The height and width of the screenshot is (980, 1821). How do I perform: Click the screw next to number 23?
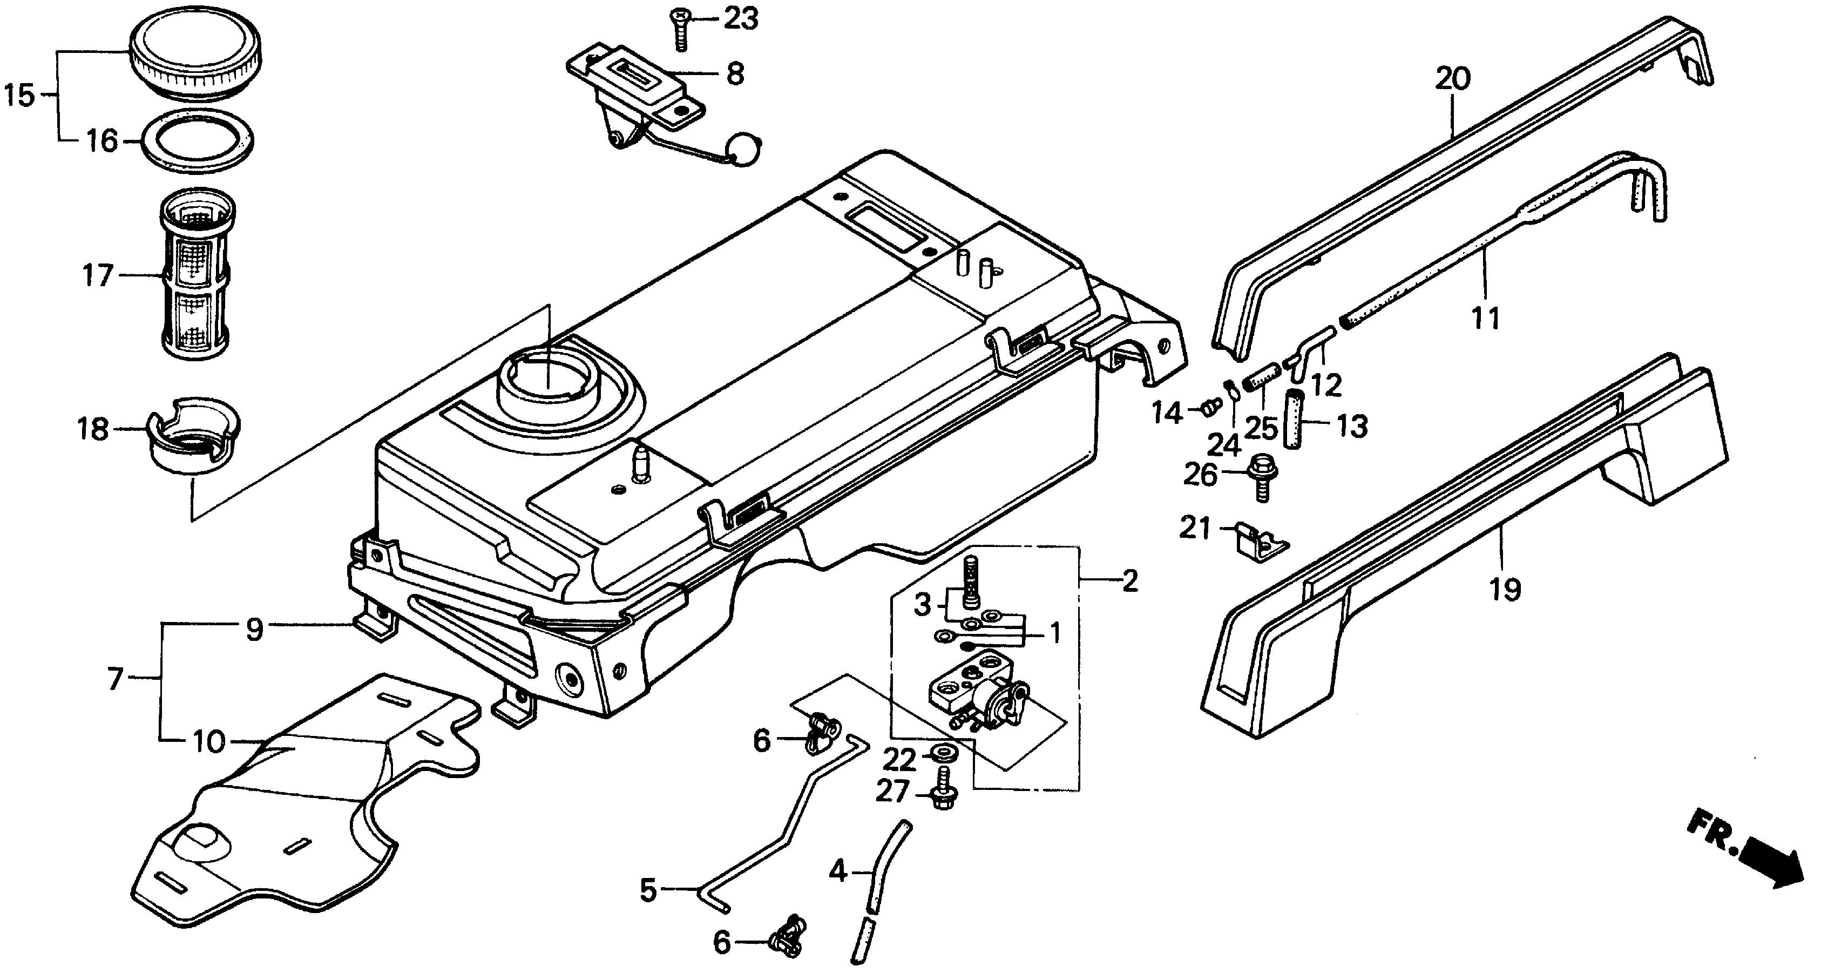(x=680, y=28)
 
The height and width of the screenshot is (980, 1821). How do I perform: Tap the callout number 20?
(x=1453, y=78)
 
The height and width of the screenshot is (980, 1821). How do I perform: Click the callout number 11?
(x=1485, y=317)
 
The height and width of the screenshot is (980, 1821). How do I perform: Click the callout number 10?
(x=208, y=742)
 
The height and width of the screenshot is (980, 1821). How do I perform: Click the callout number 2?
(x=1129, y=581)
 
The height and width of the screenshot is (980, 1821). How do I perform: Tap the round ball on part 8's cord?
(x=747, y=150)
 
